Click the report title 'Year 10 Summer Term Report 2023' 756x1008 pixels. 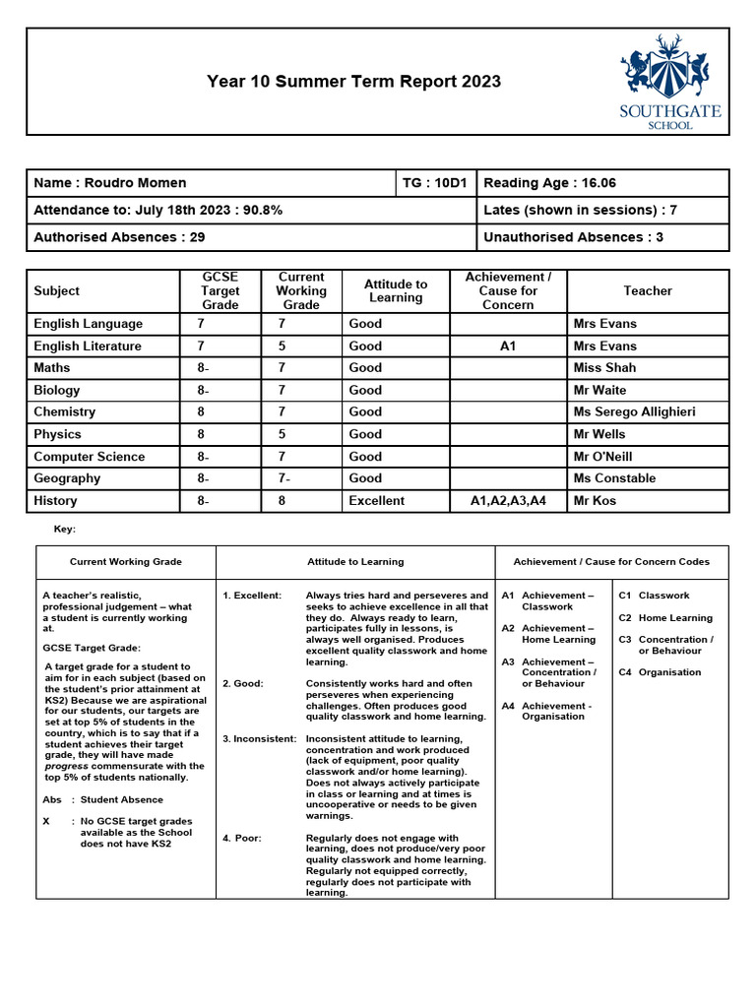tap(353, 82)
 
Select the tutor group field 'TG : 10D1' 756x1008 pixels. tap(437, 183)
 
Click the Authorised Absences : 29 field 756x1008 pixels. tap(119, 237)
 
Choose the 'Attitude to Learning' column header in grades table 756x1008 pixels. tap(395, 290)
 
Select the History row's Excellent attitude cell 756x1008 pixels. tap(376, 501)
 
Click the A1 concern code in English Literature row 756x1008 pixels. tap(507, 346)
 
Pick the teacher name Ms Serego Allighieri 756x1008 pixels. tap(634, 412)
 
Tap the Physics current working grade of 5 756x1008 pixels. tap(282, 434)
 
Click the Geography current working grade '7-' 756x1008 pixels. tap(285, 478)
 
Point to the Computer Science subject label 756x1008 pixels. tap(90, 457)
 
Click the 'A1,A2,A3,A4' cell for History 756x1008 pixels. tap(507, 501)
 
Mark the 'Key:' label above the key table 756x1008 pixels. tap(64, 530)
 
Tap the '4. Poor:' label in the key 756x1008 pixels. tap(242, 839)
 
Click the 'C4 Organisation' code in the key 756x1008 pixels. tap(661, 672)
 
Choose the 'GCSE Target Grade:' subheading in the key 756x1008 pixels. tap(92, 648)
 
